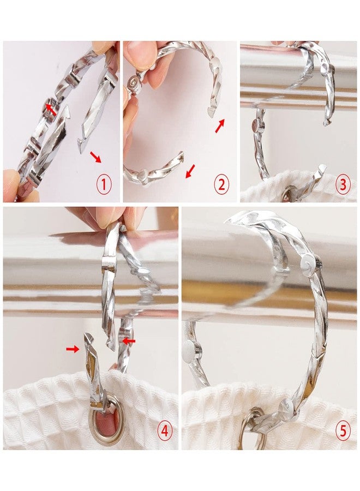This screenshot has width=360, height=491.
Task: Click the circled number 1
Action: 104,185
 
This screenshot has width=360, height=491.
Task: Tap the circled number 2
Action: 221,185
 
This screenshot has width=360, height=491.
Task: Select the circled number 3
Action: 343,185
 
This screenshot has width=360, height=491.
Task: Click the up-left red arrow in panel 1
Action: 51,109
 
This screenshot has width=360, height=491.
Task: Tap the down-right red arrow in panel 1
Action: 96,157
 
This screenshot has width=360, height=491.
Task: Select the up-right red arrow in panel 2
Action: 220,125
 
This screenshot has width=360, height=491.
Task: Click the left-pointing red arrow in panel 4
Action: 128,340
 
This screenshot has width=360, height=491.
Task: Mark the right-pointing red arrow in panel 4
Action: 73,349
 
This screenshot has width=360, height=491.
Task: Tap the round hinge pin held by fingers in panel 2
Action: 135,85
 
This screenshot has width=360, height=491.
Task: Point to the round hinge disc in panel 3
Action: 257,125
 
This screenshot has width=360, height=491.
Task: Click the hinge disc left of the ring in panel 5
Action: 192,352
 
